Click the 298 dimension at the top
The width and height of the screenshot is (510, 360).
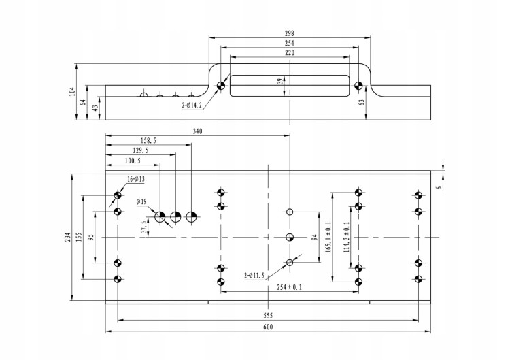290,33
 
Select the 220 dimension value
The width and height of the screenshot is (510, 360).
290,52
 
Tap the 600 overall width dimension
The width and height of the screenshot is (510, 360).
267,328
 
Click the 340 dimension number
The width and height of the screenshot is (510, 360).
198,131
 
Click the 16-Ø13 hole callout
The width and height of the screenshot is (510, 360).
136,179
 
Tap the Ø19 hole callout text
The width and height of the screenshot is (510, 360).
141,202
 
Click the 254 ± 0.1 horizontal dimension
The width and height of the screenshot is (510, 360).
288,287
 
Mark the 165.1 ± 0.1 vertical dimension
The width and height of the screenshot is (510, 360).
328,236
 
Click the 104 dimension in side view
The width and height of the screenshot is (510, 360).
73,91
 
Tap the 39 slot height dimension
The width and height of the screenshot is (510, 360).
279,81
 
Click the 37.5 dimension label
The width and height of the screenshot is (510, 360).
143,226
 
